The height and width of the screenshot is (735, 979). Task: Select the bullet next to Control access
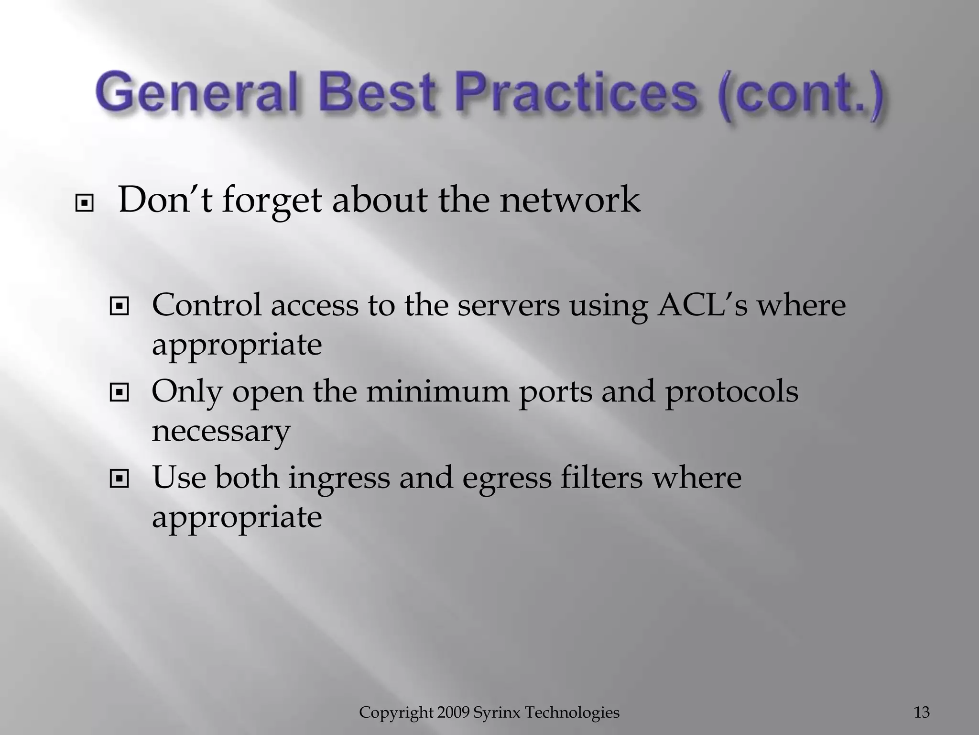click(119, 307)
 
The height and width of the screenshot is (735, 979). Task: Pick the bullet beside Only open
click(119, 393)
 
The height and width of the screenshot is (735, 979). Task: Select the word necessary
click(221, 431)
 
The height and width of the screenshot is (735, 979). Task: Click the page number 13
click(922, 713)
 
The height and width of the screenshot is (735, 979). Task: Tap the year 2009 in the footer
click(454, 713)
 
